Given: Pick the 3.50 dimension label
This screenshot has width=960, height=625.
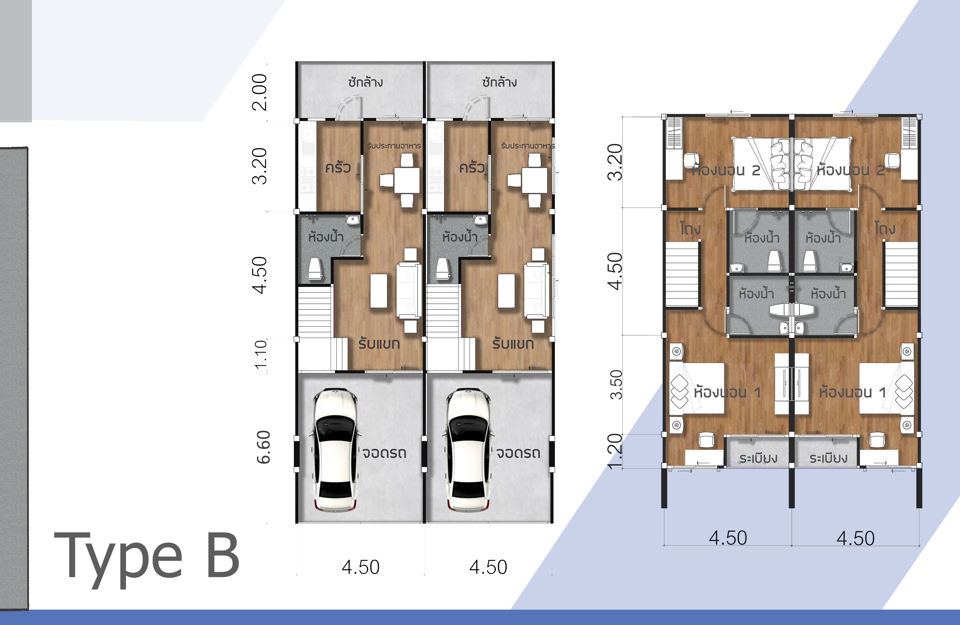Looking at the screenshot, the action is coord(616,384).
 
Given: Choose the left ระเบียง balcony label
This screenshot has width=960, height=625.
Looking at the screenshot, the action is coord(758,458).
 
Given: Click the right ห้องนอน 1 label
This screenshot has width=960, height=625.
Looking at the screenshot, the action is coord(852,392).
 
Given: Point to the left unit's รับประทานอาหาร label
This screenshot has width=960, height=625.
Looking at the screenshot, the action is coord(394,145).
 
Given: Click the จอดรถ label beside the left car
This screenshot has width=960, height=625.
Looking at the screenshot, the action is coord(384,453).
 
